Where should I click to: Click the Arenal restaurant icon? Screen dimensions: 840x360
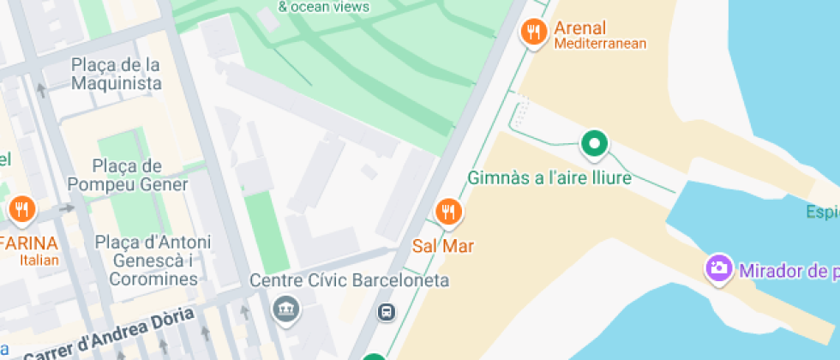[x=533, y=33]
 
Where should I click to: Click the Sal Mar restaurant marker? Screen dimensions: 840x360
[x=447, y=211]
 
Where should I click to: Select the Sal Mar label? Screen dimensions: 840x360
[x=443, y=246]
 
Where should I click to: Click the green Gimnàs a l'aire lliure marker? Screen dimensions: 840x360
[x=594, y=143]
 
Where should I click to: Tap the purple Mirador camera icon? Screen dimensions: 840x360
[x=719, y=267]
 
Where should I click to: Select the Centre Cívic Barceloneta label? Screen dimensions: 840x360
[x=349, y=280]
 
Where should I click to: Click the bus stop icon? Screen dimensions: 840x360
[x=387, y=312]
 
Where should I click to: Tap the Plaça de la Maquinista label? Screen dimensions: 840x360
[x=117, y=74]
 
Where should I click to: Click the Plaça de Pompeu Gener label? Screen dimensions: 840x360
[x=128, y=175]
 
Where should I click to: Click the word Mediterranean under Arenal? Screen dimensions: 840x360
[x=600, y=44]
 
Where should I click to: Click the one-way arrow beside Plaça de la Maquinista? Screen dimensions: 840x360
[x=41, y=89]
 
